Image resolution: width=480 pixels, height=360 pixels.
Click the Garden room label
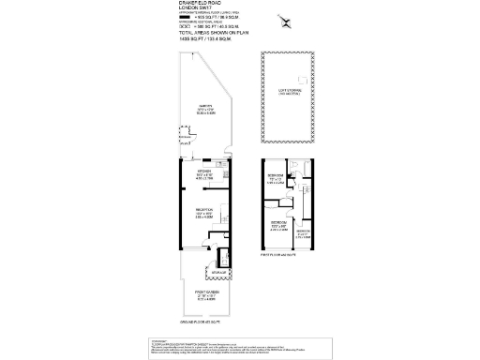tap(202, 108)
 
